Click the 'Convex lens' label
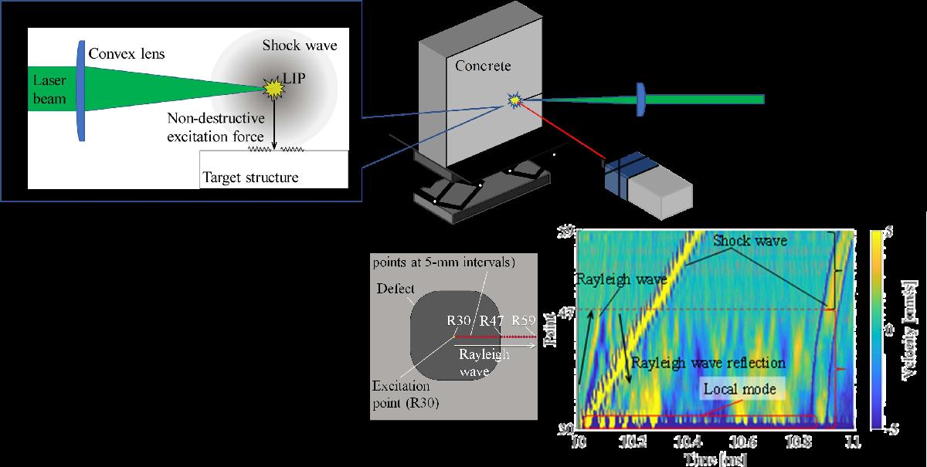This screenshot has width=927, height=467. [x=127, y=55]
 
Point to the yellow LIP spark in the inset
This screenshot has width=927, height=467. [x=271, y=89]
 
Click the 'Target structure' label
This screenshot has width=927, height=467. [x=250, y=178]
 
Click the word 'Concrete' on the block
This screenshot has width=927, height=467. [x=483, y=66]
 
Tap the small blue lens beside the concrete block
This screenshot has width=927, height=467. [x=640, y=100]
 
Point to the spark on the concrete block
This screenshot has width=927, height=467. [x=514, y=100]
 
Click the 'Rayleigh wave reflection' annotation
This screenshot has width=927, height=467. [x=708, y=362]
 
